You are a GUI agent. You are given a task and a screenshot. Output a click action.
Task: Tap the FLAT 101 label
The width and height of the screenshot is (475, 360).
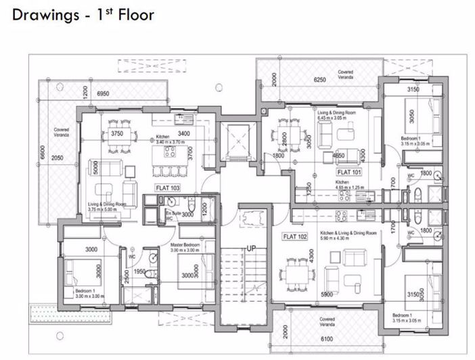pyautogui.click(x=349, y=173)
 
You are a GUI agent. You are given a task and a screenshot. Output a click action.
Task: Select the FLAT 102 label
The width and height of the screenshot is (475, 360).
pyautogui.click(x=296, y=237)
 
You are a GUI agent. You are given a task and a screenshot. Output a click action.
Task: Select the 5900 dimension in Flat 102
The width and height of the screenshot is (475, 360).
pyautogui.click(x=327, y=295)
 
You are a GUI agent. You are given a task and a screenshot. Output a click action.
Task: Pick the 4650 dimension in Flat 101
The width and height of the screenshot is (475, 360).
pyautogui.click(x=340, y=156)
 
